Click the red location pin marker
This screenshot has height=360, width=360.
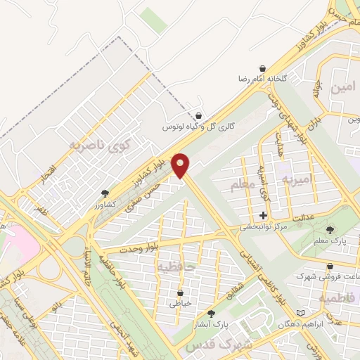point(182,165)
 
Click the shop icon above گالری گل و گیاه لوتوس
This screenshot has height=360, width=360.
point(199,116)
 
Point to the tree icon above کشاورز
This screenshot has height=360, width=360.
point(105,193)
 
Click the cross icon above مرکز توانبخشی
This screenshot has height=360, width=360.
point(264,216)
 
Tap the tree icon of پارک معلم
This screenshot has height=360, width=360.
point(331,230)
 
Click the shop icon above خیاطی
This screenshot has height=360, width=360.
point(181,292)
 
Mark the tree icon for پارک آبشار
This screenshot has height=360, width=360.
point(211,313)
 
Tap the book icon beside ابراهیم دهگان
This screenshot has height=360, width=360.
point(302,311)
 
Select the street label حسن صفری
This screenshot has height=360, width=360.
point(143,195)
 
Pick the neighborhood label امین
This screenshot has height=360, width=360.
point(341,87)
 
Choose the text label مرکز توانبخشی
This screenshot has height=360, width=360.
point(264,228)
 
